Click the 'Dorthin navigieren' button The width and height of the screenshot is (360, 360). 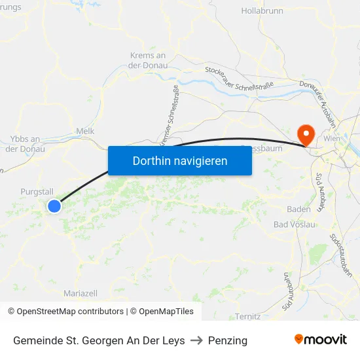click(180, 160)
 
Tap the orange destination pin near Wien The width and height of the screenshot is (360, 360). click(305, 134)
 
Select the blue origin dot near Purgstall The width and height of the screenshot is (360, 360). click(54, 206)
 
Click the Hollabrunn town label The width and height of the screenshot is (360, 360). click(262, 11)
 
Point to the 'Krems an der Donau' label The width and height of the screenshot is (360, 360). click(148, 60)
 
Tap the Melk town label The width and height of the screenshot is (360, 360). click(85, 131)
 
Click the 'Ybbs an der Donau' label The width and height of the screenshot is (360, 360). click(26, 144)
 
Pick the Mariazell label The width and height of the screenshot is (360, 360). click(81, 293)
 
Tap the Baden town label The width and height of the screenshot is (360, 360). click(298, 209)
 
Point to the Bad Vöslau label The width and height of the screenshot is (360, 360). click(295, 225)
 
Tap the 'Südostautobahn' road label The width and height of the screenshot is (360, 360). click(342, 255)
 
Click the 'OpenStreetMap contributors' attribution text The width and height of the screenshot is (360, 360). click(70, 312)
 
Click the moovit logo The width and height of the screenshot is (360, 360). click(321, 339)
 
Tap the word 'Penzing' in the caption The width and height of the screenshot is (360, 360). click(227, 340)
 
